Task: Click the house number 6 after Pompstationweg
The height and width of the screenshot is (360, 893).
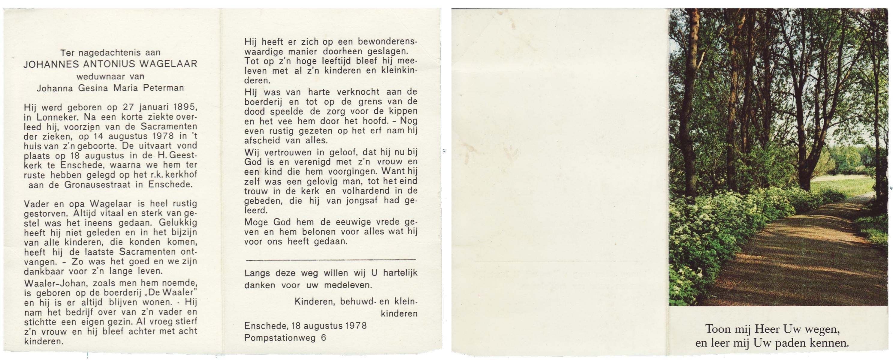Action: (x=324, y=337)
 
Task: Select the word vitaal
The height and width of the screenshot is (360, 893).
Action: (x=100, y=213)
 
